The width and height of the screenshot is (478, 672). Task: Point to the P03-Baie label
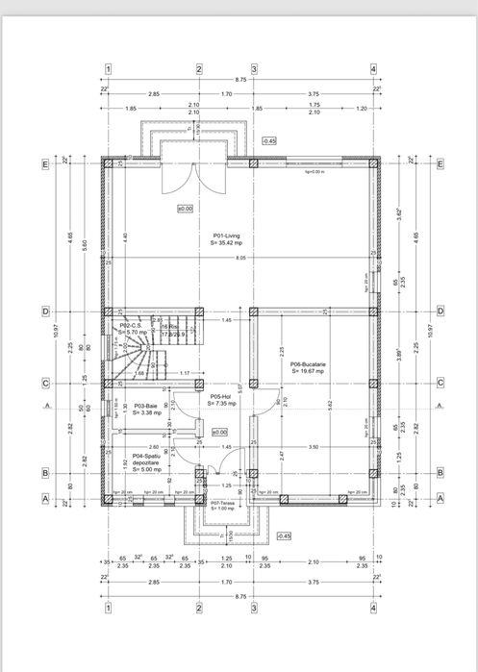click(145, 407)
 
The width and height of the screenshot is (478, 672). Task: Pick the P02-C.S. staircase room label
click(132, 326)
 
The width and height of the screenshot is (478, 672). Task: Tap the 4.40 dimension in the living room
click(125, 236)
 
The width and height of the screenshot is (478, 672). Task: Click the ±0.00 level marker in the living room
click(185, 208)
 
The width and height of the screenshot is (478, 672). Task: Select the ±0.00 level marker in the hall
click(219, 432)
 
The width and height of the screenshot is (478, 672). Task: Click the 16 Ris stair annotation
click(169, 328)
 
